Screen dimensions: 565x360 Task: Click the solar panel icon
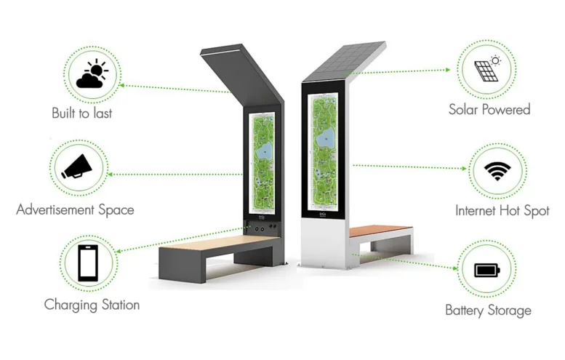click(486, 71)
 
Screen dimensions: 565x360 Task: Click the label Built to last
click(81, 113)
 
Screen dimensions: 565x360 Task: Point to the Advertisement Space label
click(75, 209)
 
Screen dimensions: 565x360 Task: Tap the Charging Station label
click(92, 304)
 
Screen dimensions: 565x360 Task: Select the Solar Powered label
click(489, 110)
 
